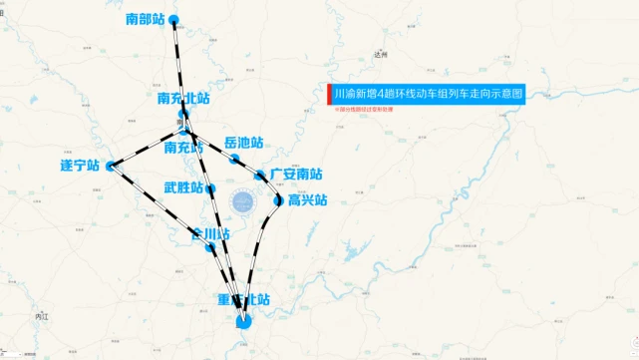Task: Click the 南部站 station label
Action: [145, 19]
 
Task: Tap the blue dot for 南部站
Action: [174, 20]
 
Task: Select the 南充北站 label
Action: [183, 99]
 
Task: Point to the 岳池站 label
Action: [244, 144]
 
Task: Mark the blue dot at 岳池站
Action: [235, 159]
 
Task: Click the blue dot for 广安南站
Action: [261, 176]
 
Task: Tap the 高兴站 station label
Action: [307, 200]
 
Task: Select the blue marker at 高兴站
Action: [279, 200]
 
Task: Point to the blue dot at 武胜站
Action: [211, 188]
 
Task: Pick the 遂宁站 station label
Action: [81, 166]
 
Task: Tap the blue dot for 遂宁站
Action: [111, 166]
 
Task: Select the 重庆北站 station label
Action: [244, 299]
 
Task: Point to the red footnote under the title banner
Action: [365, 110]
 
